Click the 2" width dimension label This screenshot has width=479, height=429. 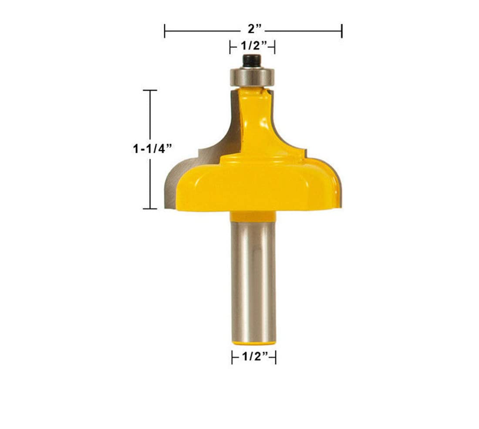click(x=255, y=29)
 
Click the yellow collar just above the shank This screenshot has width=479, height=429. click(x=253, y=216)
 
